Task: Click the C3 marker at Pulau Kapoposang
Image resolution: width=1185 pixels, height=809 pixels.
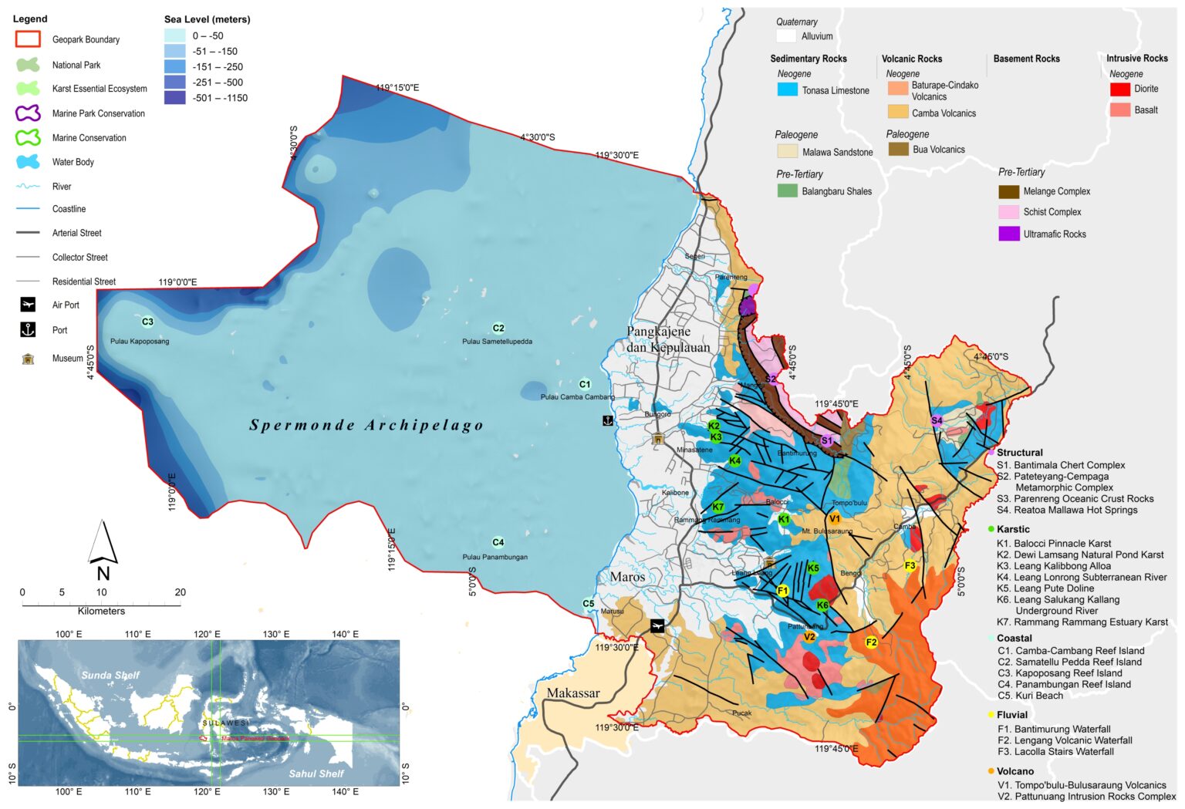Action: pos(147,322)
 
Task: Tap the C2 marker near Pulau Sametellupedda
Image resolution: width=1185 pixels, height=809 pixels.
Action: pos(498,328)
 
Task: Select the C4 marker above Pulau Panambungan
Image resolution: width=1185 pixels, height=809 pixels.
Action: pos(498,542)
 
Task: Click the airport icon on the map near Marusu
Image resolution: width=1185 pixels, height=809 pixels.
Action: pos(657,626)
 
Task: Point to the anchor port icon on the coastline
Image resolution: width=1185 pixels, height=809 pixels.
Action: pos(608,420)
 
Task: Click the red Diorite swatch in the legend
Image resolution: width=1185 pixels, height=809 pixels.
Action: pos(1119,89)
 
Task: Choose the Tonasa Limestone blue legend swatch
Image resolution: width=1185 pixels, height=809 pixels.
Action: pos(787,89)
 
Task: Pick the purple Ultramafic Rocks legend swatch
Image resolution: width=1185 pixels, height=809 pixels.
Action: pos(1008,234)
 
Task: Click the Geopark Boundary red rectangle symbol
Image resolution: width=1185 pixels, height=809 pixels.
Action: pos(28,39)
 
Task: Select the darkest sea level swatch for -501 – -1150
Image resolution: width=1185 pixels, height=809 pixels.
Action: pos(174,98)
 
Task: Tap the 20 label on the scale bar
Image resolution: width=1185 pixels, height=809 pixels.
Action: pos(181,592)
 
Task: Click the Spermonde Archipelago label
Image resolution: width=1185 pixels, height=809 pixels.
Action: pos(366,425)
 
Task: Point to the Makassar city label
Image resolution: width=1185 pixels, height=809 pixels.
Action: pos(573,693)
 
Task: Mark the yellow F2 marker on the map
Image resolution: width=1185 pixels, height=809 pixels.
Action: pos(871,642)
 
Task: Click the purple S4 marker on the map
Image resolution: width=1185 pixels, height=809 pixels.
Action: pos(937,420)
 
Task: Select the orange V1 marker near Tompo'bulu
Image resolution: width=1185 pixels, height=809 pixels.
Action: pos(834,519)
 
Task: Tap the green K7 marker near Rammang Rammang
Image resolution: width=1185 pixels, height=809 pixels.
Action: pos(717,507)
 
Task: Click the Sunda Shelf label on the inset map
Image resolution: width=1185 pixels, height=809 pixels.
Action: pos(110,675)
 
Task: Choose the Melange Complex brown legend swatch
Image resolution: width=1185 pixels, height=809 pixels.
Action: pos(1008,191)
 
